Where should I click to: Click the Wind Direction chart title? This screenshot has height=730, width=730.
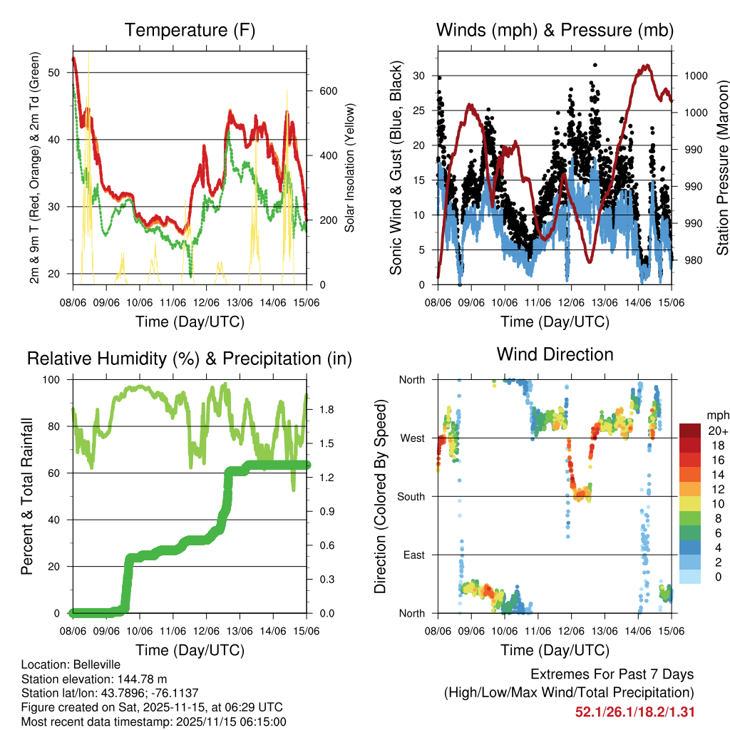(x=555, y=354)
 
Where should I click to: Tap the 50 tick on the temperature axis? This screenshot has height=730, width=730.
(x=53, y=72)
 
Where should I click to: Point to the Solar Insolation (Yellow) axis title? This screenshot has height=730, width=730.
(x=350, y=168)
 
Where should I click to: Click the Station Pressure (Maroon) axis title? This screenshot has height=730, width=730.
(x=722, y=168)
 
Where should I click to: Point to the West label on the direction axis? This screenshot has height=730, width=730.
(x=411, y=438)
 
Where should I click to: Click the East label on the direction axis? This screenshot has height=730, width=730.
(x=413, y=555)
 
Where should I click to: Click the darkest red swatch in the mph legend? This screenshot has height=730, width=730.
(x=689, y=430)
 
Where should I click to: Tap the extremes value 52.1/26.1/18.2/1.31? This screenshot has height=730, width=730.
(x=634, y=711)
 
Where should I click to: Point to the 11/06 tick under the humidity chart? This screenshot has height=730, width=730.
(x=173, y=631)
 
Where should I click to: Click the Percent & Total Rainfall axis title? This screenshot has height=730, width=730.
(x=27, y=495)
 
